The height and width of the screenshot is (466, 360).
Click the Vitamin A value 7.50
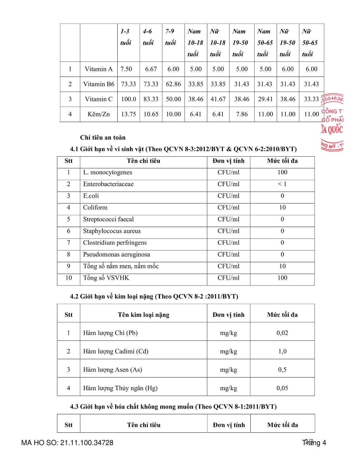click(126, 69)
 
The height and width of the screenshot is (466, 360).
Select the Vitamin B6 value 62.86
click(173, 84)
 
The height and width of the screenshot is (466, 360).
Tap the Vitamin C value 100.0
click(128, 99)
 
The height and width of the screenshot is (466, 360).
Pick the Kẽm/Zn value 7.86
click(242, 114)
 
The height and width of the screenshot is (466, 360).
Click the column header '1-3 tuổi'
click(126, 37)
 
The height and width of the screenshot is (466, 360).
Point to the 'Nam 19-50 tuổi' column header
click(240, 42)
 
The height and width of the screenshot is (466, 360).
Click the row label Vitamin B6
click(99, 84)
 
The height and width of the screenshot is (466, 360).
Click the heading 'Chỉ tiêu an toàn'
click(103, 137)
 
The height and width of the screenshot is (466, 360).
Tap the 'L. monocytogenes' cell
click(108, 172)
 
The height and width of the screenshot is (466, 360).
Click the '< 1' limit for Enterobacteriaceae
click(282, 184)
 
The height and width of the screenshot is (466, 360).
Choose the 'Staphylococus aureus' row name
click(112, 231)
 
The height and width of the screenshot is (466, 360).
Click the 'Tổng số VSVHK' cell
click(106, 278)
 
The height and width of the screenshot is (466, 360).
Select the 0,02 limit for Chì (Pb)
click(282, 333)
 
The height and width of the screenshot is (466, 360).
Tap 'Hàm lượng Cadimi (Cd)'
click(116, 351)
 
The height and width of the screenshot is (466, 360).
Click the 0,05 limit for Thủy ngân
click(282, 388)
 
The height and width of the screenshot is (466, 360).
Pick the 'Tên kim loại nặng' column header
click(144, 315)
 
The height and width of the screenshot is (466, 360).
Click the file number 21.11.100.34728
click(87, 443)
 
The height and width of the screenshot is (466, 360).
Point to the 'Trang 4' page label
click(314, 443)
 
